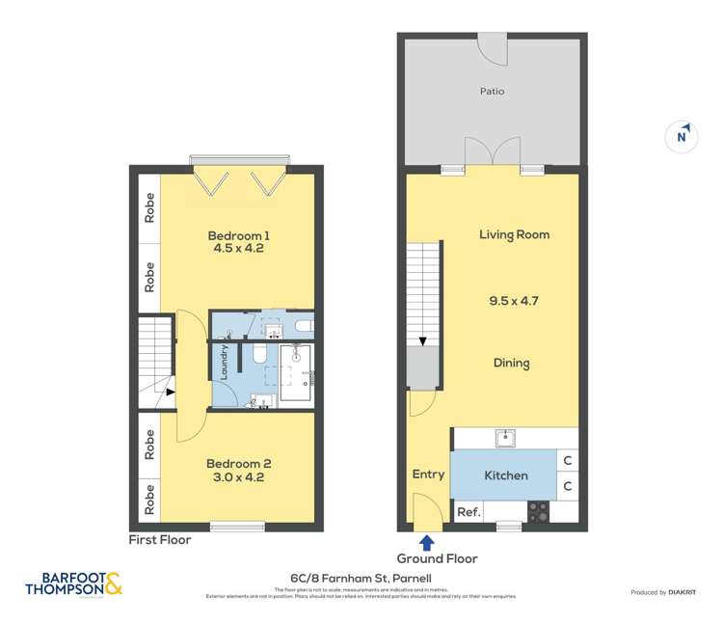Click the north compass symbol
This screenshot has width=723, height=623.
pos(682,136)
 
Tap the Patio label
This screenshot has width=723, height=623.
pos(492,92)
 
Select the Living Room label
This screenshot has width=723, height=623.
pos(514,234)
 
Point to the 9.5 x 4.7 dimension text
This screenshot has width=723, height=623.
pos(513,300)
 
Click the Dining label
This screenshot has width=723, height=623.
pos(511,364)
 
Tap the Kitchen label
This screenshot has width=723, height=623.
pos(505,475)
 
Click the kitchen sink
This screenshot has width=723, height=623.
pos(504,439)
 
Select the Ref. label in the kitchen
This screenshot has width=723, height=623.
pos(468,512)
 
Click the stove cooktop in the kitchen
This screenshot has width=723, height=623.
pos(538,512)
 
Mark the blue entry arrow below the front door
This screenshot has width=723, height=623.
pos(427,543)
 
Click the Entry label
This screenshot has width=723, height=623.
pos(428,474)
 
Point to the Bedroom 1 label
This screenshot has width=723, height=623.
pos(239,234)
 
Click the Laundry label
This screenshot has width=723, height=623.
pos(225,362)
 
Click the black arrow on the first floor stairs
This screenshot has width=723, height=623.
pos(170,393)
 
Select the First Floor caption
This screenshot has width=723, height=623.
pos(160,540)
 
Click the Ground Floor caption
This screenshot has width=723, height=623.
pos(437,558)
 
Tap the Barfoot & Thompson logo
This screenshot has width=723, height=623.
pos(74,584)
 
